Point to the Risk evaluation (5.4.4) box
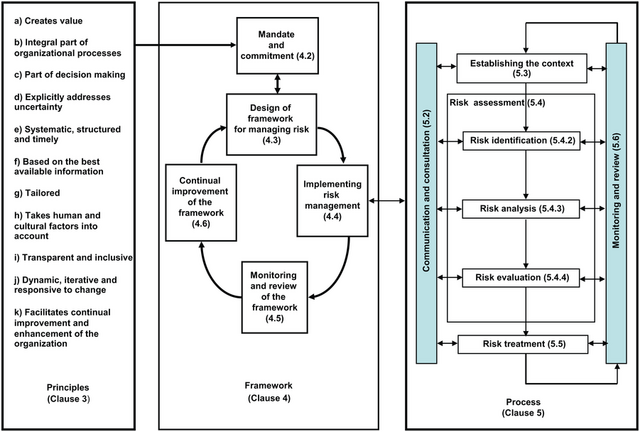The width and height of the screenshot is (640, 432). coord(522,276)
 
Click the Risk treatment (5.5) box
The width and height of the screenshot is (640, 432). coord(522,344)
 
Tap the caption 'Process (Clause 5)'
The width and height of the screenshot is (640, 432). coord(522,411)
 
